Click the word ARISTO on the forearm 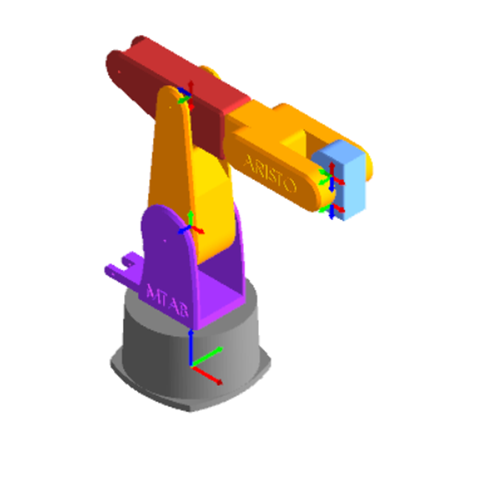pos(270,174)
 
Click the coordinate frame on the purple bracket pos(190,228)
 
